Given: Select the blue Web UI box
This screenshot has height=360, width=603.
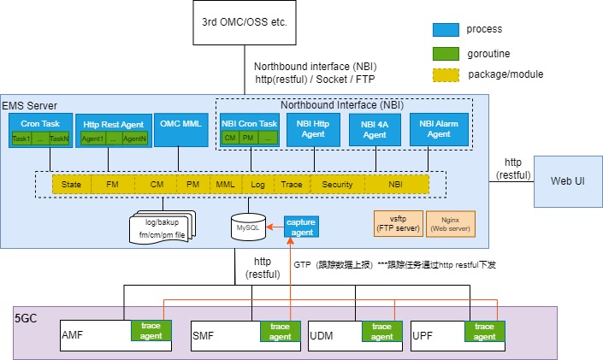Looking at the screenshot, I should (x=568, y=181).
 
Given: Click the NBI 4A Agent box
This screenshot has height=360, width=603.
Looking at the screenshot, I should (x=374, y=129).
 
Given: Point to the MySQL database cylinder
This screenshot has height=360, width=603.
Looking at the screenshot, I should (x=247, y=228).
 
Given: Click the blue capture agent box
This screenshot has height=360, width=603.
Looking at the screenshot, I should (x=301, y=227).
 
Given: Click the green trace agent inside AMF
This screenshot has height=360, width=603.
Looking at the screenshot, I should (x=151, y=331).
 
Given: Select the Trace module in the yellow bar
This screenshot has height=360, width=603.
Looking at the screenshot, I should (x=291, y=184).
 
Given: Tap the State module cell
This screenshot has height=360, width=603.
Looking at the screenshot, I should (x=71, y=184).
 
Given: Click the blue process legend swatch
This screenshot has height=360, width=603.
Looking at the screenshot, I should (x=446, y=29).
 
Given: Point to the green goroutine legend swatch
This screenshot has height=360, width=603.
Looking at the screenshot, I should (x=446, y=51).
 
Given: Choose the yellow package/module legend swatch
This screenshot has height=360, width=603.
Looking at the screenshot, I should (x=446, y=74).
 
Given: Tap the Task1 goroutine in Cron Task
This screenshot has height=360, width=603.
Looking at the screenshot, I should (x=21, y=138).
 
